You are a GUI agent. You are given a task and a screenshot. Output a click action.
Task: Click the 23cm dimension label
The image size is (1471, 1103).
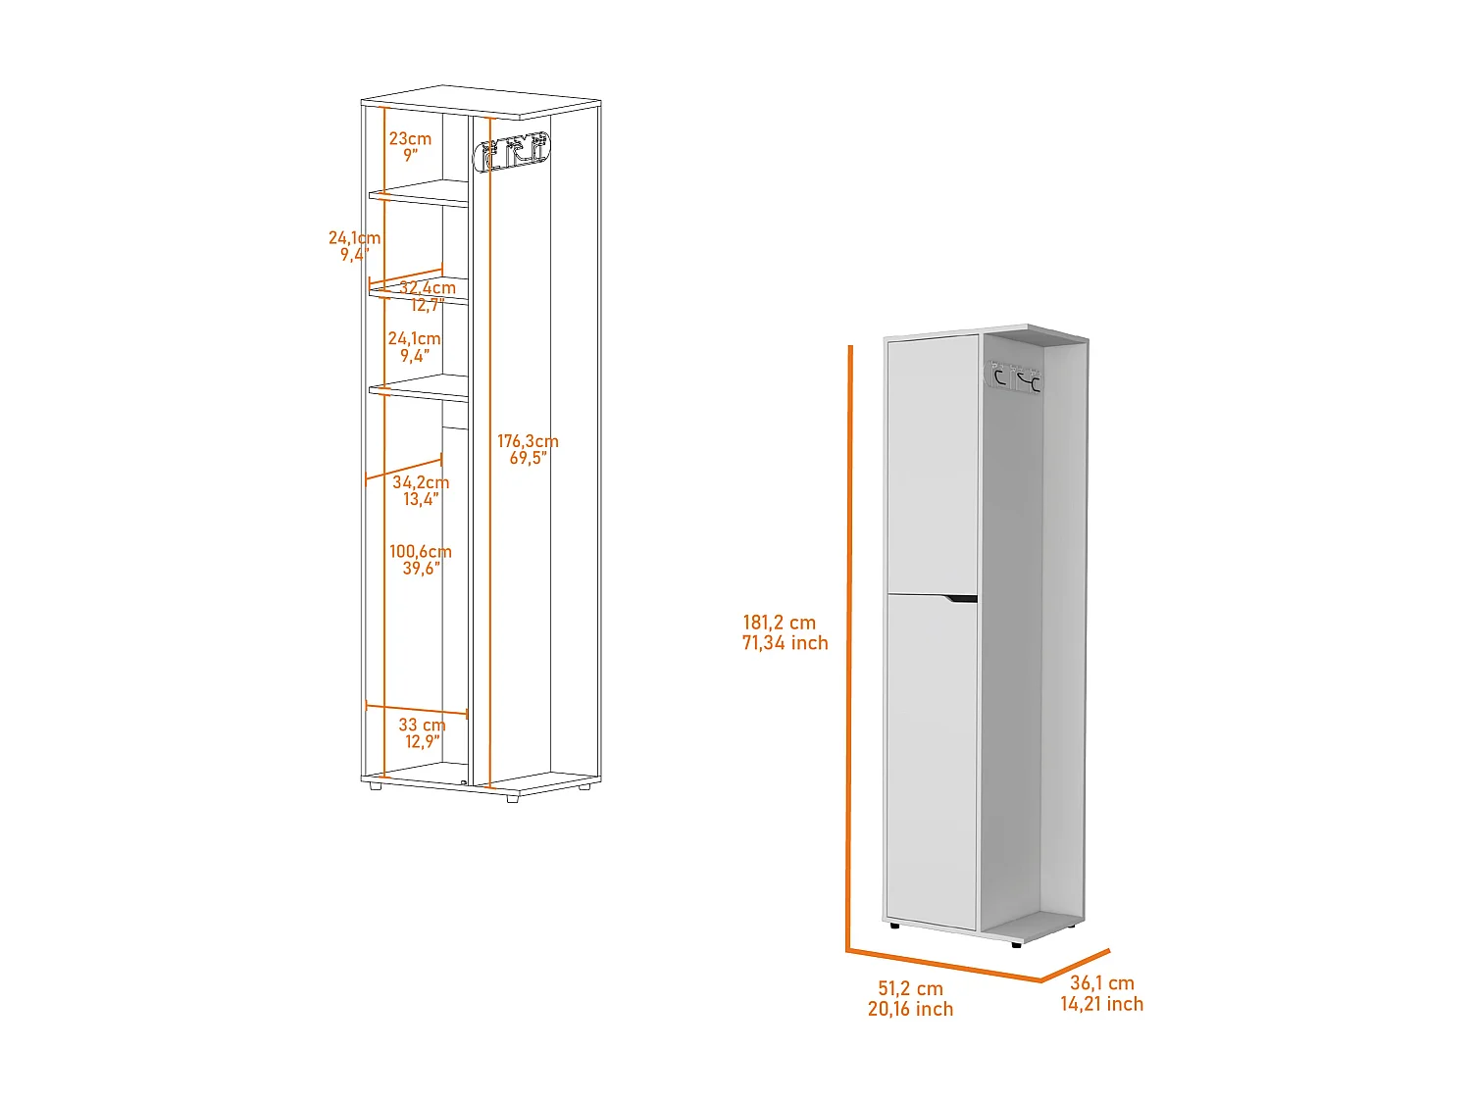[410, 138]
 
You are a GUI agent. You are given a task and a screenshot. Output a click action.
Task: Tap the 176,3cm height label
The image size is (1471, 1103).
[528, 440]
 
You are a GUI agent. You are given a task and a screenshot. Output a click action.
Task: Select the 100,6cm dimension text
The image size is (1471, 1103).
[420, 551]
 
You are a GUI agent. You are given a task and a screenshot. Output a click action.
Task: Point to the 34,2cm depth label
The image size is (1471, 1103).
[420, 481]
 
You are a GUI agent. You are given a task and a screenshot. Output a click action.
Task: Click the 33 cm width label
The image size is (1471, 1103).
[422, 724]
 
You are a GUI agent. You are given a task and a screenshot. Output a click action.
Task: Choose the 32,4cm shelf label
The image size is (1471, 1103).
[428, 287]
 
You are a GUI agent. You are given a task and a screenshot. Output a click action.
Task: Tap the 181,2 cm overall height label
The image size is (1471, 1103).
[779, 623]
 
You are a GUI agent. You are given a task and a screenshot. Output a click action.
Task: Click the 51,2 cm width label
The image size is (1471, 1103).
[910, 988]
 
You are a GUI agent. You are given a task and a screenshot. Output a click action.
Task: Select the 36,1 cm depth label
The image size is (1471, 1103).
[1101, 982]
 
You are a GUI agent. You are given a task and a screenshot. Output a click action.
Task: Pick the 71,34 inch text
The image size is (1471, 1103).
[785, 643]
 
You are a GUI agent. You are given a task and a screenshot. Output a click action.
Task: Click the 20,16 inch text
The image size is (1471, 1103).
[910, 1009]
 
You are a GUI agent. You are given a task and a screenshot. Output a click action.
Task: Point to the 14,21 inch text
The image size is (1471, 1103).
[1101, 1003]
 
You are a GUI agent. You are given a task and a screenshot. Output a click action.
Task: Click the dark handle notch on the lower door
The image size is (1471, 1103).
[961, 599]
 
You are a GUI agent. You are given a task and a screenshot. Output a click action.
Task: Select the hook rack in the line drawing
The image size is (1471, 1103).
[512, 151]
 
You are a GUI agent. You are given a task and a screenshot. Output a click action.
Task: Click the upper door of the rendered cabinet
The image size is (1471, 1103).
[932, 465]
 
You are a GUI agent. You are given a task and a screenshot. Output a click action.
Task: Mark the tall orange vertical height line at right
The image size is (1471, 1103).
[849, 648]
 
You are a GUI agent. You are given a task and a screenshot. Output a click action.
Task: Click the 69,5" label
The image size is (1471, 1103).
[528, 458]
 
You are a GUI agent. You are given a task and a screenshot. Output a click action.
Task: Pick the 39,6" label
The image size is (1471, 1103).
[421, 568]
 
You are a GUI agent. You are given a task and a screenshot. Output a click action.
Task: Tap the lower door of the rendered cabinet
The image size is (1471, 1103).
[932, 762]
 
